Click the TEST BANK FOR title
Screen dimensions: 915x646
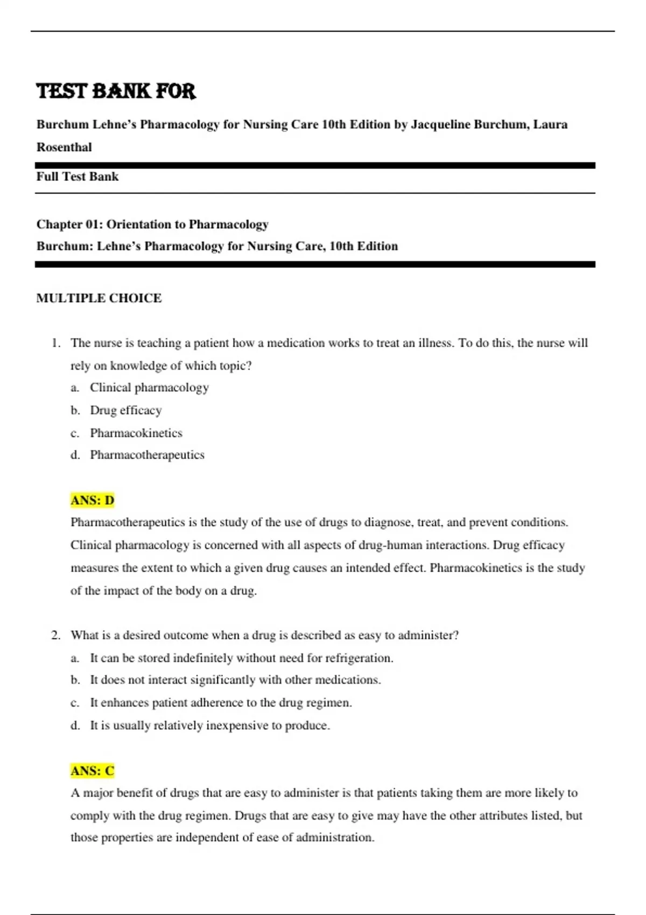click(116, 91)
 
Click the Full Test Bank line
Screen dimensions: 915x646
click(77, 177)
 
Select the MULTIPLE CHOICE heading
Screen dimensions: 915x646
click(99, 298)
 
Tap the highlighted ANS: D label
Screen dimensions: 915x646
click(92, 501)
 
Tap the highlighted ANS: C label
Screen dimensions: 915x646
click(92, 771)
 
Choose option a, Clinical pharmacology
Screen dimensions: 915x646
click(149, 388)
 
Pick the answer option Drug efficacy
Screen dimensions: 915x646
click(125, 410)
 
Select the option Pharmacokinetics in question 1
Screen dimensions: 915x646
click(136, 433)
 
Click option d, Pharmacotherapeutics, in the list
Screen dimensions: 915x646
click(147, 455)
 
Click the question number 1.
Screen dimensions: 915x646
click(56, 343)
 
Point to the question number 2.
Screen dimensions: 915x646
click(56, 635)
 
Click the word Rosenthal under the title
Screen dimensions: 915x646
click(64, 147)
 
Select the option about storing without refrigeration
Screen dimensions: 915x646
click(241, 658)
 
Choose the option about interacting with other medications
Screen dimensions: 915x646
click(235, 680)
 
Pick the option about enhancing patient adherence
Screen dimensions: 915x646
click(221, 702)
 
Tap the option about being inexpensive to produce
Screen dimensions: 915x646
click(210, 726)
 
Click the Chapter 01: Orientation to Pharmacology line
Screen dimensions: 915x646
click(152, 224)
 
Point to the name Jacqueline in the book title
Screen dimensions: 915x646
click(440, 124)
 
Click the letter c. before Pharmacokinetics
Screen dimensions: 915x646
click(75, 433)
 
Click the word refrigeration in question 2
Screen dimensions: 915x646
click(359, 658)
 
